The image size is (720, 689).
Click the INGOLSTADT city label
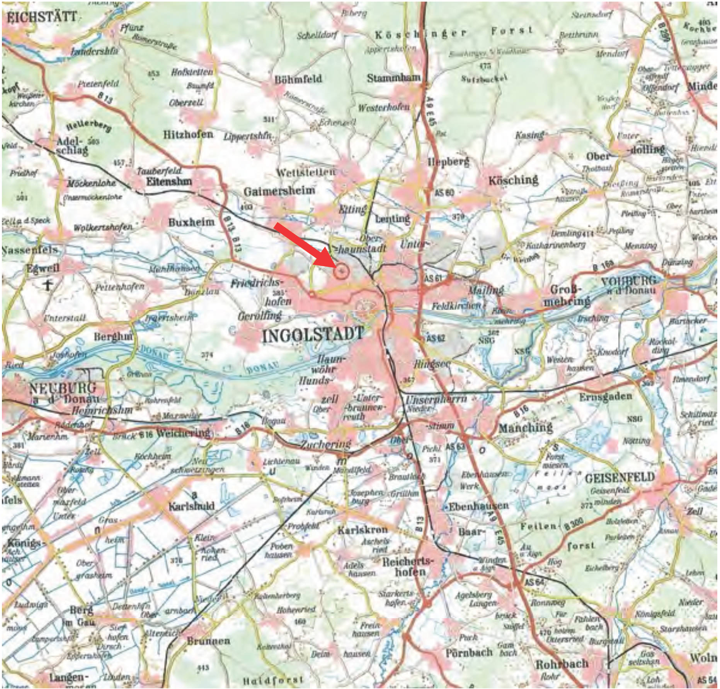pyautogui.click(x=313, y=335)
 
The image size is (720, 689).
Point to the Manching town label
pyautogui.click(x=526, y=427)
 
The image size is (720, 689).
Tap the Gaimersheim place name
pyautogui.click(x=279, y=190)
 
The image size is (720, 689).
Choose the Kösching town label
pyautogui.click(x=513, y=180)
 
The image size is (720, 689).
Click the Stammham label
pyautogui.click(x=393, y=78)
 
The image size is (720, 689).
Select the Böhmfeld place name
pyautogui.click(x=298, y=79)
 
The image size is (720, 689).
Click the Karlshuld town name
pyautogui.click(x=191, y=506)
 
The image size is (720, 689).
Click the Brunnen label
pyautogui.click(x=208, y=641)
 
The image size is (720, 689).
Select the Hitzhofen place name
pyautogui.click(x=188, y=134)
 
